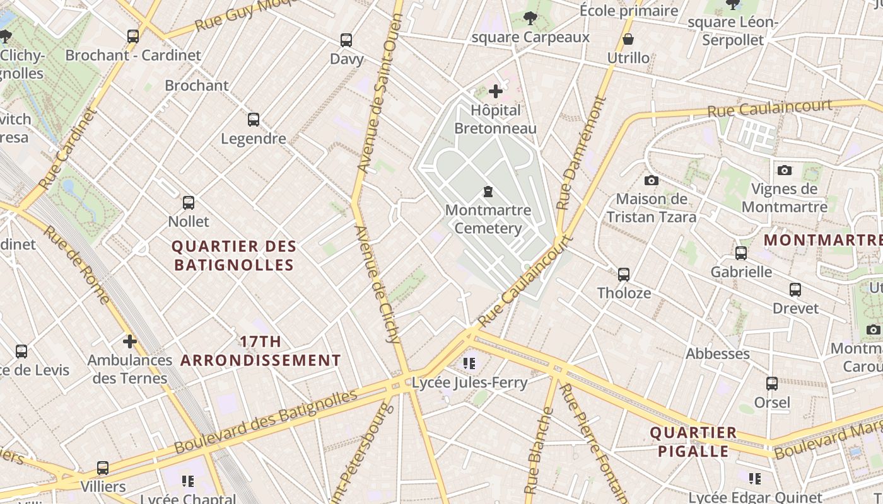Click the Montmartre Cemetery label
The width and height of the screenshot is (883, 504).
click(488, 219)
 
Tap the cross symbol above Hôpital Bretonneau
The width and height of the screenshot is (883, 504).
click(496, 91)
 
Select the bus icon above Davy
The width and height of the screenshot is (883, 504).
click(346, 40)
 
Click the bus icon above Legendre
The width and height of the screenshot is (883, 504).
click(254, 119)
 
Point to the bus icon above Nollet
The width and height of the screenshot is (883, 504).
click(189, 202)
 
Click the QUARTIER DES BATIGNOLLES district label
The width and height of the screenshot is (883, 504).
click(233, 256)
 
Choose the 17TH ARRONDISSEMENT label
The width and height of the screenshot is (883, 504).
click(260, 351)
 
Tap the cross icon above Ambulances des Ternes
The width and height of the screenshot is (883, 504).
click(129, 341)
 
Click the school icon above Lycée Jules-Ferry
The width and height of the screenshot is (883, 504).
click(469, 363)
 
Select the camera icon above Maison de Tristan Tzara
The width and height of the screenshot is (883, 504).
click(652, 181)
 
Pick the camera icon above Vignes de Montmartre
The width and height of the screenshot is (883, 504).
click(785, 170)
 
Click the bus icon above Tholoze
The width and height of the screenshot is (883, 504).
click(624, 274)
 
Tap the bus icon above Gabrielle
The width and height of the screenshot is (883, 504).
click(741, 253)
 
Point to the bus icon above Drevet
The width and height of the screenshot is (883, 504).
click(795, 290)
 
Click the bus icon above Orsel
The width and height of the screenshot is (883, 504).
click(772, 383)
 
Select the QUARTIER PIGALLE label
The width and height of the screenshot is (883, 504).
click(693, 442)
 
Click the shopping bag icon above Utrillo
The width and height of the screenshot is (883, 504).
click(628, 39)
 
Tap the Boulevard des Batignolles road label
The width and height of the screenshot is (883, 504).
click(266, 421)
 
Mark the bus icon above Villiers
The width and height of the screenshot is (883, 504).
click(103, 468)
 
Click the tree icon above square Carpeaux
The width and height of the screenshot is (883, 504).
click(530, 18)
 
